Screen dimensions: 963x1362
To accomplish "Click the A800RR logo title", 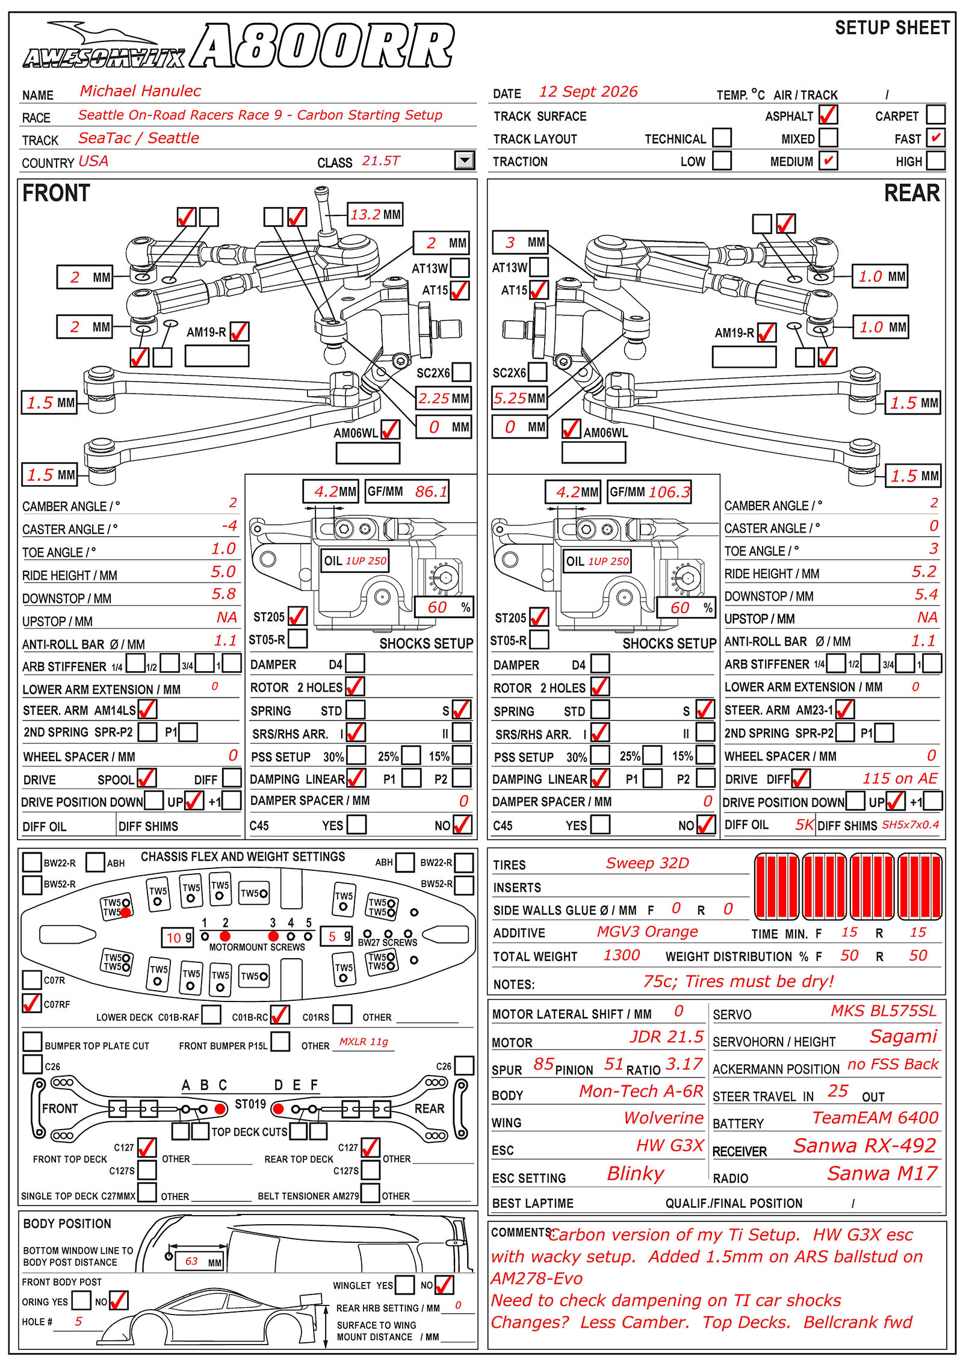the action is coord(322,46).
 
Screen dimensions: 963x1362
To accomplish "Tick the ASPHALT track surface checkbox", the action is coord(828,114).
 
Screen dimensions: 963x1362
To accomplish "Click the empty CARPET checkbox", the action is coord(935,114).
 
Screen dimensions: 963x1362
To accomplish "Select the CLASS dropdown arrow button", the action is coord(464,160).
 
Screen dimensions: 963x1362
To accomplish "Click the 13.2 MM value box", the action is coord(376,214).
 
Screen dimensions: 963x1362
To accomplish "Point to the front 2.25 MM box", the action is coord(444,398).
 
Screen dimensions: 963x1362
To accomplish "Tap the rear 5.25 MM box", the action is coord(519,398).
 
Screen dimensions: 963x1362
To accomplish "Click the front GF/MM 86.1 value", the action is coord(407,492).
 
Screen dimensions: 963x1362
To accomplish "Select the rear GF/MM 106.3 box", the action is coord(649,492).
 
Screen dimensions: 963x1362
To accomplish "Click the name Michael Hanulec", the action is coord(140,91).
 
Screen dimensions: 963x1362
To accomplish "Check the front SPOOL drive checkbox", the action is coord(147,778).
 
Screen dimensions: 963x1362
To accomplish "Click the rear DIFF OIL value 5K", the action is coord(805,825).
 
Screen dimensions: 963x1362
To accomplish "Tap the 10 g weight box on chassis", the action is coord(179,937).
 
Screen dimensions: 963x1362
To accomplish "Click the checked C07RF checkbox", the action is coord(31,1003).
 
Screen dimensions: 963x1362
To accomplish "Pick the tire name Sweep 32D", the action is coord(647,863).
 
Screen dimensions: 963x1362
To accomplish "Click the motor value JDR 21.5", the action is coord(666,1036).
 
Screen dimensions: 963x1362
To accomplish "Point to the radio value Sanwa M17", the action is coord(882,1173).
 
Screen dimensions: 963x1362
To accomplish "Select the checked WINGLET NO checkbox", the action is coord(444,1284).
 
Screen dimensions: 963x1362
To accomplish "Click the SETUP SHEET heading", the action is coord(893,28).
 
